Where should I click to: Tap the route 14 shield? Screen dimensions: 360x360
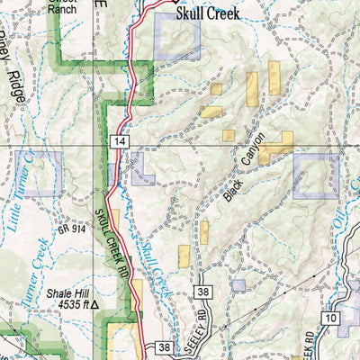point(119,141)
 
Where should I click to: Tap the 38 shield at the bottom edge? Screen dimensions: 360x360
point(163,346)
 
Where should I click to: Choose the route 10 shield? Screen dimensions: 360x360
point(331,319)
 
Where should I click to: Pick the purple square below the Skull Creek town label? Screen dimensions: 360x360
point(177,38)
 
